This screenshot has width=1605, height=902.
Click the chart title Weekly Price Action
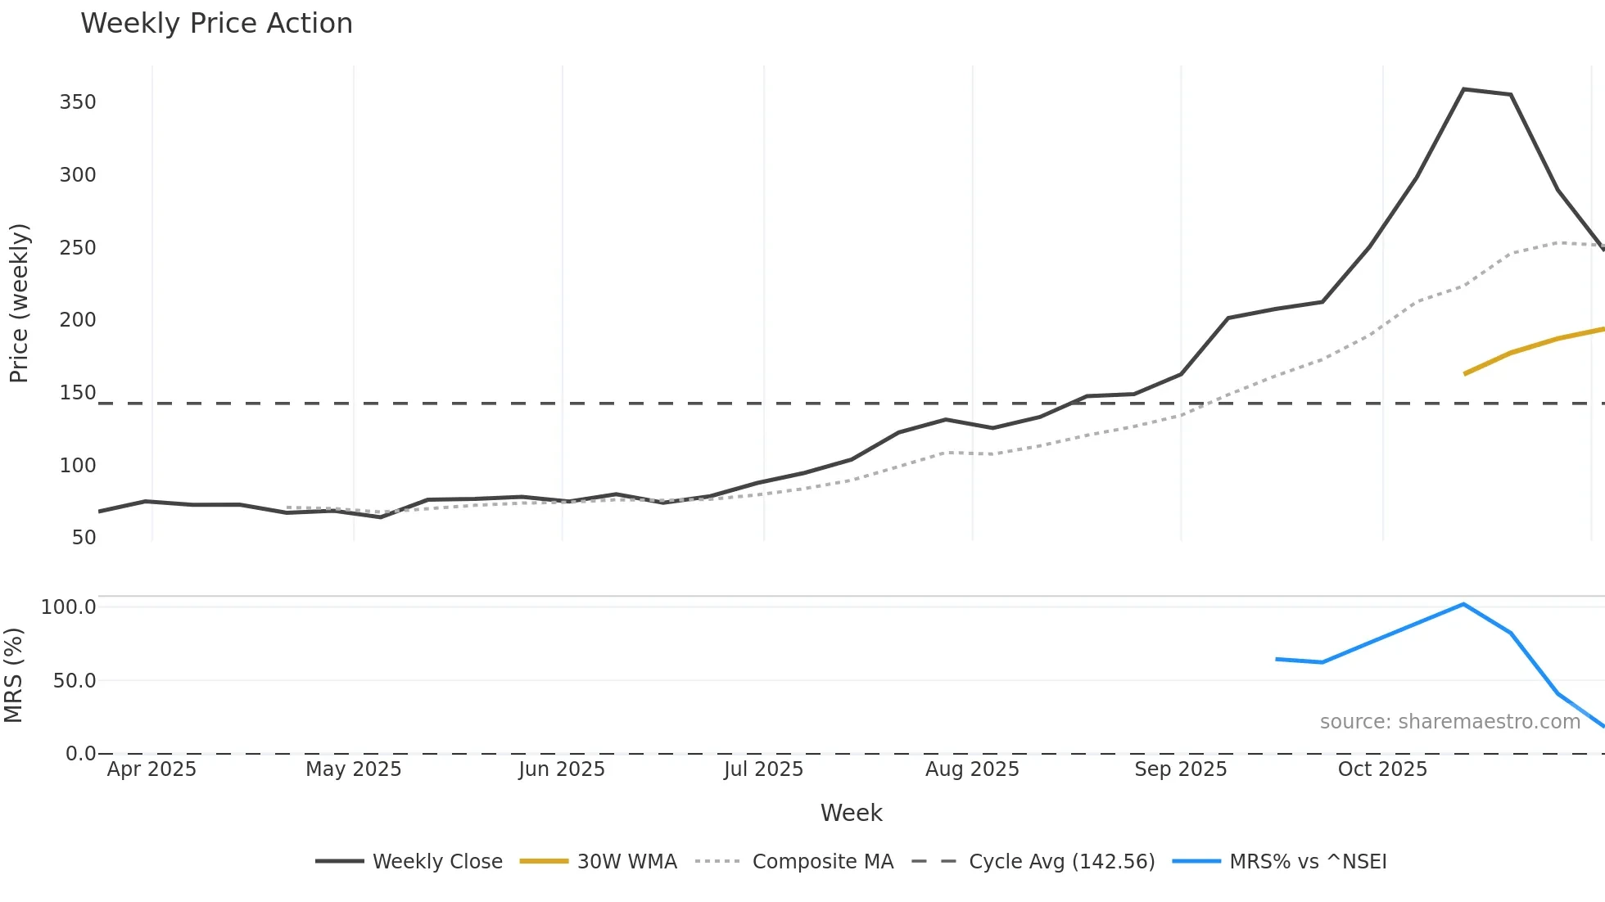(x=216, y=24)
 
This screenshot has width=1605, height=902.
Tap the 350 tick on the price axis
(x=78, y=102)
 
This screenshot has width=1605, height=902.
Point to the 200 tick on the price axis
(x=78, y=320)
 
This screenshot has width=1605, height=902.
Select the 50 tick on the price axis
(x=84, y=538)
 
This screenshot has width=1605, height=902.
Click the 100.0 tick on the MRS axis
(x=69, y=607)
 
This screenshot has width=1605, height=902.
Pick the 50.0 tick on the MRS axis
(x=75, y=681)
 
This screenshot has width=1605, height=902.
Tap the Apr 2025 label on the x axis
(x=151, y=769)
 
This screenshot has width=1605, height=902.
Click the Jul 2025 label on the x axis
(x=763, y=769)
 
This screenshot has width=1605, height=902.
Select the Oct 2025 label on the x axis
(x=1382, y=769)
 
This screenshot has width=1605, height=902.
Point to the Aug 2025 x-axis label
(x=972, y=769)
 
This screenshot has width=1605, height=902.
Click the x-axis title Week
(x=851, y=813)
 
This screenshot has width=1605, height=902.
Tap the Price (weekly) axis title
(x=19, y=303)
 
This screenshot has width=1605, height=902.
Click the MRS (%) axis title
(x=13, y=675)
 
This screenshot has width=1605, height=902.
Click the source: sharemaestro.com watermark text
(x=1449, y=722)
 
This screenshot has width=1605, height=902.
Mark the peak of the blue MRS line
(x=1463, y=604)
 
